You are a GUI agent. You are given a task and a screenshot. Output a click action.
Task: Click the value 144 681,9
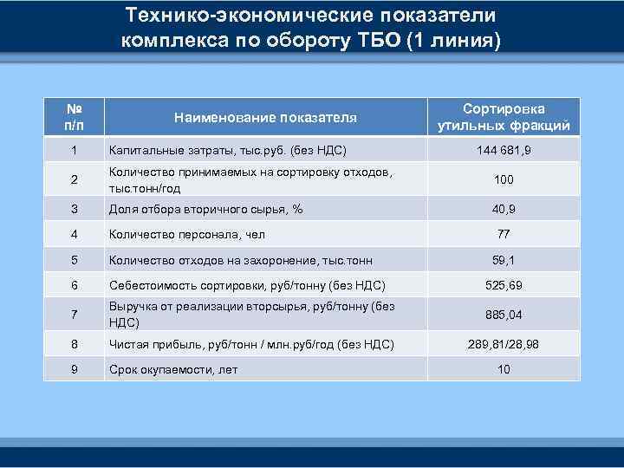(x=504, y=151)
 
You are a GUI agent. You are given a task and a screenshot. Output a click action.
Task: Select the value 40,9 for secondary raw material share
(x=504, y=208)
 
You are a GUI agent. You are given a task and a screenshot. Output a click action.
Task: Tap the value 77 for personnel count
(x=504, y=233)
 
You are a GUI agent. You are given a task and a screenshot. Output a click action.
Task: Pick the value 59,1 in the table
(x=504, y=258)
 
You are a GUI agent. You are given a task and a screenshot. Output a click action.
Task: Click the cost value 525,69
(x=504, y=284)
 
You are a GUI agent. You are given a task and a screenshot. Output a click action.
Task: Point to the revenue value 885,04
(x=504, y=315)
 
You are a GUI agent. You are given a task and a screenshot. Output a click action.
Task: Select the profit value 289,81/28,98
(x=504, y=344)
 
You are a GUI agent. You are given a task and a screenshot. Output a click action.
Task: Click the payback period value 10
(x=504, y=369)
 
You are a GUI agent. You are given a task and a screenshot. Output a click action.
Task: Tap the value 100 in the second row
(x=504, y=179)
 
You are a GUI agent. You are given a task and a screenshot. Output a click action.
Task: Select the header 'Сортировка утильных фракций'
(x=504, y=117)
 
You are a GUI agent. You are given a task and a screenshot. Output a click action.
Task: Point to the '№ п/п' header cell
(x=74, y=117)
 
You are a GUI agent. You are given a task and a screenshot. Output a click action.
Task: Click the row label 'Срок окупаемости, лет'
(x=173, y=369)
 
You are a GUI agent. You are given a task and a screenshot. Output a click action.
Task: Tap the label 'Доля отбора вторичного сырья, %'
(x=205, y=208)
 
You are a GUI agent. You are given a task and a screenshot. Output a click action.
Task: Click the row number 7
(x=74, y=315)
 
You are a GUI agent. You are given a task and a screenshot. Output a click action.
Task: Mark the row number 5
(x=74, y=258)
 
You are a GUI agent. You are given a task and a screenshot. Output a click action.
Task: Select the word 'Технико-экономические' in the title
(x=231, y=16)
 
